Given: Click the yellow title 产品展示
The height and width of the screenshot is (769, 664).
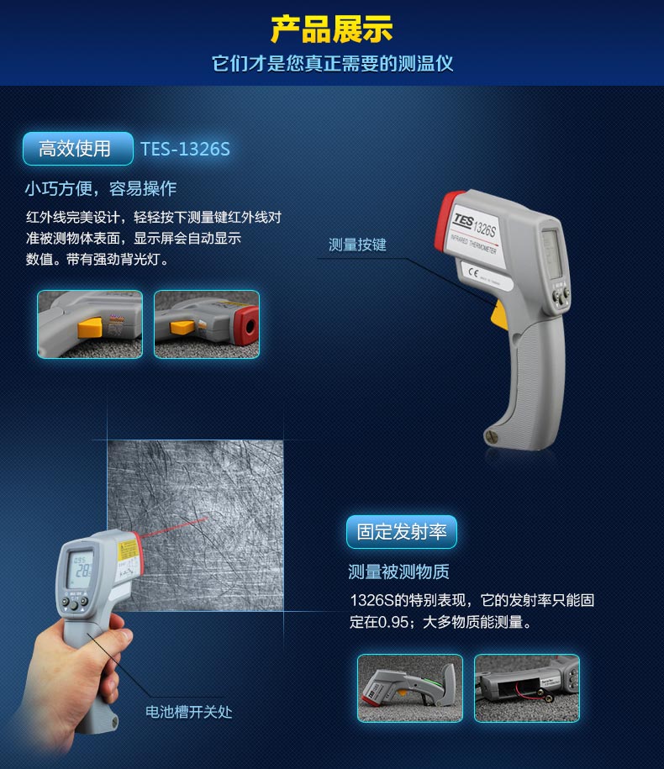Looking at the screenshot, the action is coord(331,29).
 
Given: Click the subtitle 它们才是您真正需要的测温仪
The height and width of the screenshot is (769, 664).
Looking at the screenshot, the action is coord(332,64).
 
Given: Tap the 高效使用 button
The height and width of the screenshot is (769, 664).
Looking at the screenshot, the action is coord(78,149).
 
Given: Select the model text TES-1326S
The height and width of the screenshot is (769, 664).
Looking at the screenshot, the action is coord(185,149).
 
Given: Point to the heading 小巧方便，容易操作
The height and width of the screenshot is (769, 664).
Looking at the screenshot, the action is coord(101,188).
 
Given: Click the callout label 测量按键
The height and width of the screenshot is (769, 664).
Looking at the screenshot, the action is coord(357,245).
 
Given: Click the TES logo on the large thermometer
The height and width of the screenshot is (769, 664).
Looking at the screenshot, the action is coord(463,220).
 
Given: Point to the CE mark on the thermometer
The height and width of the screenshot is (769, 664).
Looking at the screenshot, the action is coord(472,272).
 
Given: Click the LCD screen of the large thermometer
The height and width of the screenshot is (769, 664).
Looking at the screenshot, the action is coord(551,254).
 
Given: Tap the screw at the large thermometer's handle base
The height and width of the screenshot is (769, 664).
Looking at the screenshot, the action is coord(491,435).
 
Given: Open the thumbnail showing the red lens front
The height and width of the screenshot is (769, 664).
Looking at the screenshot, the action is coord(207,324).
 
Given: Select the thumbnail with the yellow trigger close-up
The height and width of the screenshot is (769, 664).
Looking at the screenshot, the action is coord(90,324).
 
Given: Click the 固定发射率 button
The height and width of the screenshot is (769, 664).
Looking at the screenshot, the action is coord(402,532).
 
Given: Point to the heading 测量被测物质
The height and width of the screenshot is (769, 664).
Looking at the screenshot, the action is coord(398,571).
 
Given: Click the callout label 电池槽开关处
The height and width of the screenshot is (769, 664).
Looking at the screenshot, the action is coord(188,712).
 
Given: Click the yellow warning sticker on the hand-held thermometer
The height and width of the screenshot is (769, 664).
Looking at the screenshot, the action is coord(128,550).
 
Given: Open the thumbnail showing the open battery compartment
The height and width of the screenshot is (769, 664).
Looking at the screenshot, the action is coord(527,688).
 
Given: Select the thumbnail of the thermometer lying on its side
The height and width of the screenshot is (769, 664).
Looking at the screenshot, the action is coord(410,688).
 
